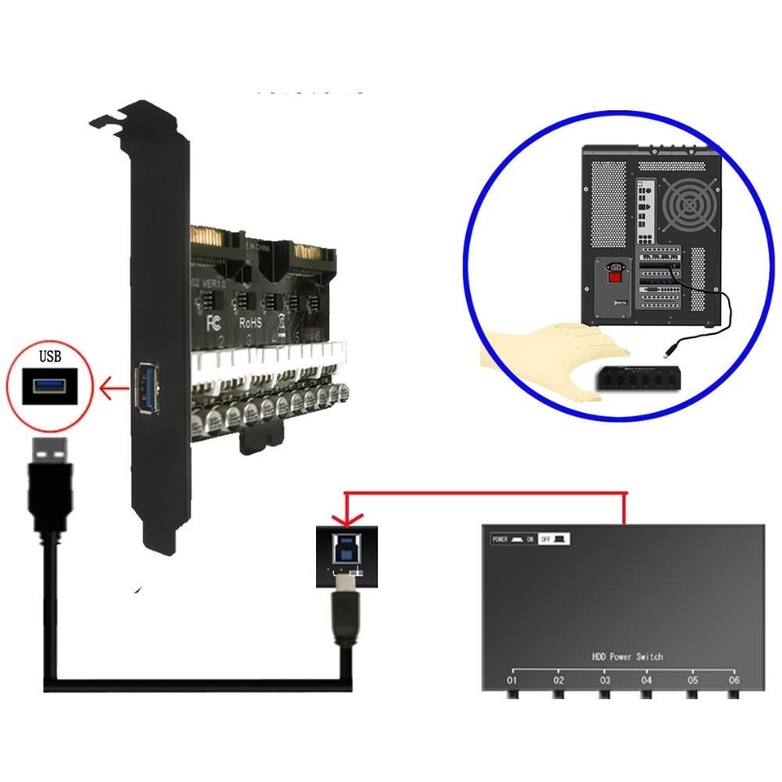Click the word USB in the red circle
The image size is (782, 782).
coord(51,356)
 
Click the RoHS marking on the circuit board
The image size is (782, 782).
coord(249,323)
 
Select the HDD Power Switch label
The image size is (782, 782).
coord(627,656)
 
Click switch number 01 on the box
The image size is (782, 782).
coord(512,679)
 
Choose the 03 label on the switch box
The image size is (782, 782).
coord(604,679)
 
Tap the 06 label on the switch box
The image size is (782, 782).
coord(734,679)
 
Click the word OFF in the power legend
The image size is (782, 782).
coord(546,539)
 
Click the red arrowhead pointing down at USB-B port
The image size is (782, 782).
coord(345,519)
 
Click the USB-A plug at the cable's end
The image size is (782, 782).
coord(50,472)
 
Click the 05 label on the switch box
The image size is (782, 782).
coord(692,679)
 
